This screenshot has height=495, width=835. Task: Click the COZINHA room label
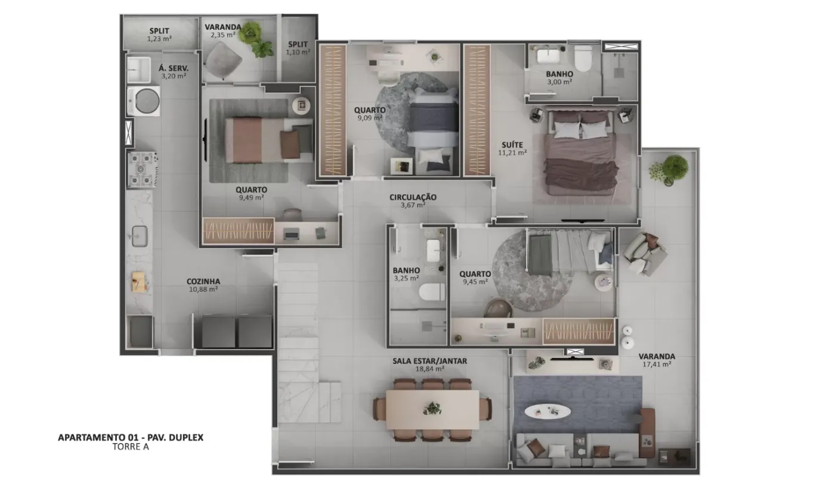203,281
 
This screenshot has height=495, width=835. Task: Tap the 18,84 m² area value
429,369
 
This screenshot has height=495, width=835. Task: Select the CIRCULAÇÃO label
413,197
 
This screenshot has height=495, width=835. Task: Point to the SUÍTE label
512,145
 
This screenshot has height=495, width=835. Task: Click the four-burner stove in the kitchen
142,169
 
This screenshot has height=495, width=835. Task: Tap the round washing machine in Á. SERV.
144,101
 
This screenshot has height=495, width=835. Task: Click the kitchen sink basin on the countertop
140,236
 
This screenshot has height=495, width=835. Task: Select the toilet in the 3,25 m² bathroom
432,292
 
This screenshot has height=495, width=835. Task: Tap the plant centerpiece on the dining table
432,408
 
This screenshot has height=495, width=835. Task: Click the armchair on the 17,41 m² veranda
644,254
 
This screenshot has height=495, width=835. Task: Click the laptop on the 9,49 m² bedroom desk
292,235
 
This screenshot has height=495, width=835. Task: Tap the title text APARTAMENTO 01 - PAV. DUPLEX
131,437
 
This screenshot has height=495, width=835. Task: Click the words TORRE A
131,447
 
